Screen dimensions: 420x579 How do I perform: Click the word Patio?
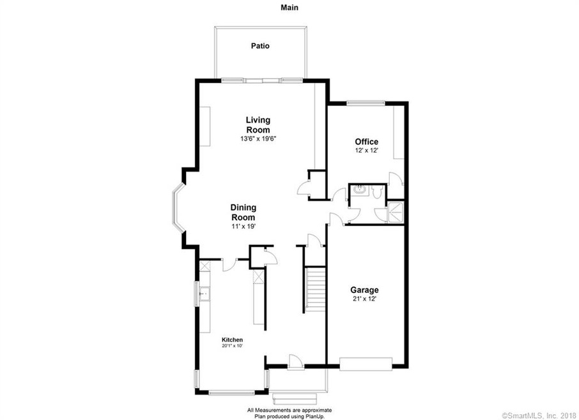click(x=259, y=46)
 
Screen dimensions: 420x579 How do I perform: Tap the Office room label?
click(x=366, y=142)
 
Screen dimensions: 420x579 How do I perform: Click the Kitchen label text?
click(x=232, y=340)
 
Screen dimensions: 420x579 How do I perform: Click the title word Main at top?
click(x=289, y=8)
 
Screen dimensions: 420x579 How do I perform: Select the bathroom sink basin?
click(x=359, y=190)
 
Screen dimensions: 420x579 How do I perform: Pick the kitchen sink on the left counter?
click(x=205, y=295)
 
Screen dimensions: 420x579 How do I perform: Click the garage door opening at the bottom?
click(x=366, y=364)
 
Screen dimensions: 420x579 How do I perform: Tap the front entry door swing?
click(x=294, y=362)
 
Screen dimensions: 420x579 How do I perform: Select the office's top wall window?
click(x=365, y=102)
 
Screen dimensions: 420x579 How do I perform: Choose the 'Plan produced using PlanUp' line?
click(x=289, y=415)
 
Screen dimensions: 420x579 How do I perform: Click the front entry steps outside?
click(x=298, y=398)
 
